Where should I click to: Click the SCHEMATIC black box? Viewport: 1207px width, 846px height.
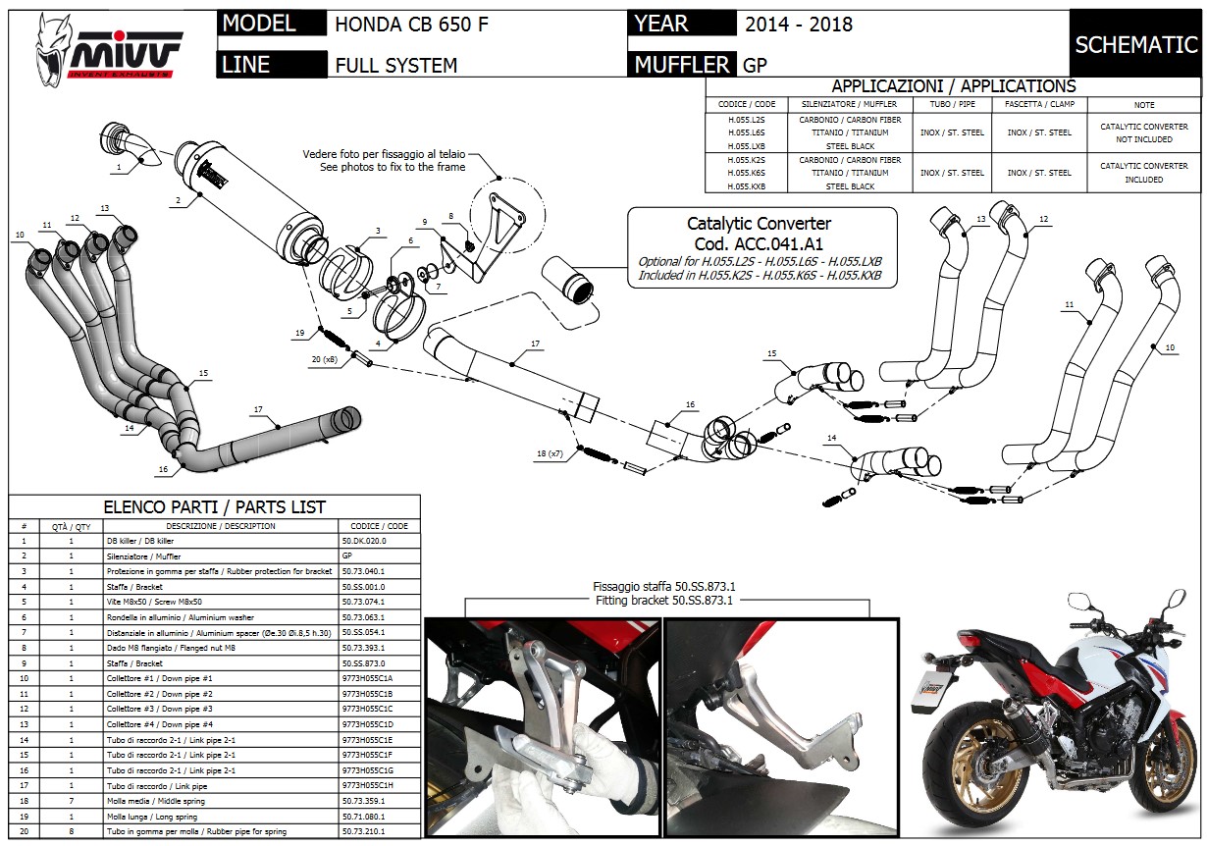pos(1136,44)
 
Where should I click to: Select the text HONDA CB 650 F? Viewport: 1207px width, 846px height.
pos(411,25)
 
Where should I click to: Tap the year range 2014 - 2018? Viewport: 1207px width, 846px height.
pos(798,25)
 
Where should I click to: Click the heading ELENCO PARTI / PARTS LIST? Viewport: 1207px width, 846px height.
pos(215,507)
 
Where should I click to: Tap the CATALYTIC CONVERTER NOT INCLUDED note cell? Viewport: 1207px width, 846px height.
pos(1144,132)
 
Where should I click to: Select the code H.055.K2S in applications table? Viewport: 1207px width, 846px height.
pos(747,159)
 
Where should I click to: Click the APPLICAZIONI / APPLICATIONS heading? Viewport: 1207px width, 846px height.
pos(953,86)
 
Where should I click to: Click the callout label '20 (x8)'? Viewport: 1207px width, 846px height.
pos(324,360)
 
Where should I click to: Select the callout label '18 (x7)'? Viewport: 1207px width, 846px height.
pos(551,452)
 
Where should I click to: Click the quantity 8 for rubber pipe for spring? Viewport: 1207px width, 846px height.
pos(71,831)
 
